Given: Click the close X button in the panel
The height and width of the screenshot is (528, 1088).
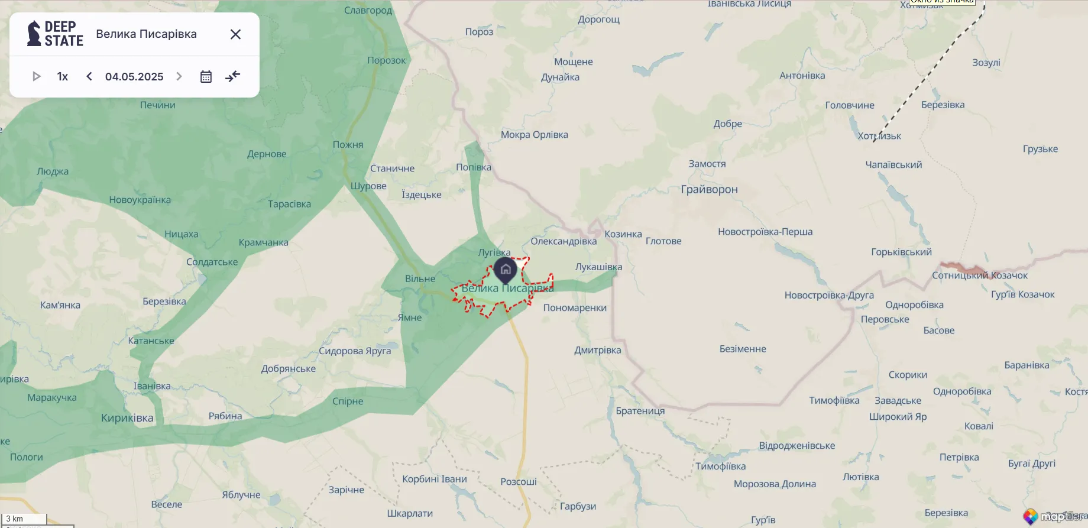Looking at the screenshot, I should [x=235, y=34].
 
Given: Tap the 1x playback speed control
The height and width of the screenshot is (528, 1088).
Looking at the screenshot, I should [x=63, y=77].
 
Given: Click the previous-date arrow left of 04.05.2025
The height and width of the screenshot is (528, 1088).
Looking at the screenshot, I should [x=89, y=76].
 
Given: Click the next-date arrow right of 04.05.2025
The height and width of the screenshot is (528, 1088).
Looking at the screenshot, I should [x=179, y=76].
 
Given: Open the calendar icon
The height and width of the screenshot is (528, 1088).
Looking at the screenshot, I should [x=206, y=77].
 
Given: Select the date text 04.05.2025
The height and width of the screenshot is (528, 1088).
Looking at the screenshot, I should [x=134, y=77].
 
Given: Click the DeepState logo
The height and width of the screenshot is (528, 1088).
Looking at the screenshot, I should [x=55, y=34].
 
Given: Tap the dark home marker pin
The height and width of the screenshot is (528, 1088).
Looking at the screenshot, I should [x=505, y=270].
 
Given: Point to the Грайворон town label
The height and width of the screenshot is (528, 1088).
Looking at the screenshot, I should [x=709, y=190].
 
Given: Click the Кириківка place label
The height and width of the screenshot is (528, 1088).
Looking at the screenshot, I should [x=127, y=418].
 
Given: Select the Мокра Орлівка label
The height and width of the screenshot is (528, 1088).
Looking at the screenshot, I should [x=534, y=135].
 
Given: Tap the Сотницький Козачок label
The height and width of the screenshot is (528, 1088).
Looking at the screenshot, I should [x=979, y=276].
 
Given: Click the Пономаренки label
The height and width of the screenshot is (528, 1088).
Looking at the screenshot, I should [x=575, y=308].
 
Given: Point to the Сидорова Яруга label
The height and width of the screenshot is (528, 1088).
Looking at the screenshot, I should [x=355, y=351].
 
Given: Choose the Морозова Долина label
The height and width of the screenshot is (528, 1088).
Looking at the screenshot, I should [x=775, y=484].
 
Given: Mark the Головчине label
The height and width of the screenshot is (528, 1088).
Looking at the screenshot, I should [x=850, y=105].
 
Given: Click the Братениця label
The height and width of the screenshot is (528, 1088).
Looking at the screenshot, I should [x=640, y=411].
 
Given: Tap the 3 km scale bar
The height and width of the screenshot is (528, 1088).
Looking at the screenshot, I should [x=24, y=519].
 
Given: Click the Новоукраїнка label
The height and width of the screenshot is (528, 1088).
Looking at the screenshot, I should [x=140, y=200].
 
